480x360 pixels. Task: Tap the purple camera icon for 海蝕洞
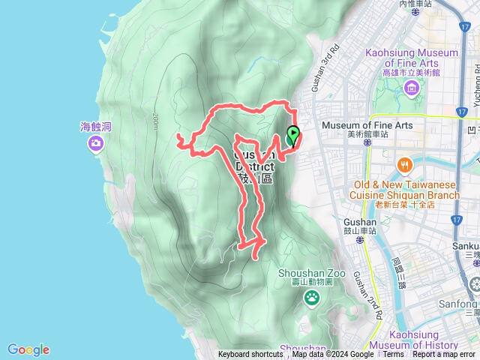coord(95,143)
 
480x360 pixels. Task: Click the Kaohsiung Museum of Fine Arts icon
coord(411,89)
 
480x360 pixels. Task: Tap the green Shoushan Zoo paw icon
coord(312,298)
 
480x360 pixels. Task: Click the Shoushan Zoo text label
coord(312,274)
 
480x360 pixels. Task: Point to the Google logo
coord(28,349)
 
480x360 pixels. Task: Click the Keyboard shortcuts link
coord(250,355)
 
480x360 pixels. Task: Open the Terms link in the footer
coord(393,355)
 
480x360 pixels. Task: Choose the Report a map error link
coord(444,355)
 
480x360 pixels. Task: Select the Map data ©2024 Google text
coord(333,355)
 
